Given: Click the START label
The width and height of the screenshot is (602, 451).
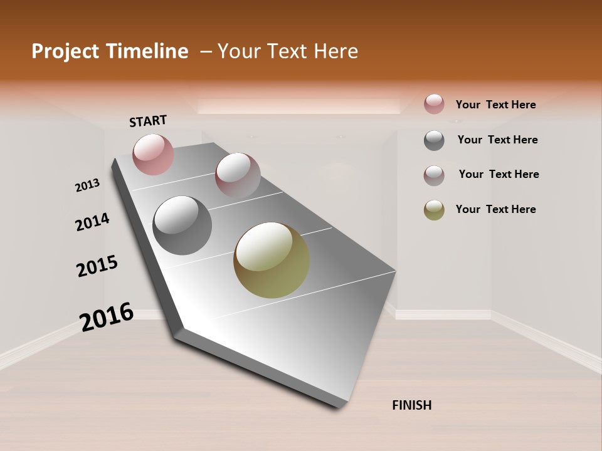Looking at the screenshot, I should [x=148, y=121].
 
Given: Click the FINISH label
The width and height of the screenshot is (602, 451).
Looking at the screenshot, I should [x=411, y=405].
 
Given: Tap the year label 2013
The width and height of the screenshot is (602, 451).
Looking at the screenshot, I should [x=88, y=185].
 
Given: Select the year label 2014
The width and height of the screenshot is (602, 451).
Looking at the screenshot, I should [x=92, y=222].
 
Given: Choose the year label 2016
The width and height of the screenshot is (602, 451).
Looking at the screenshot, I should [x=107, y=316].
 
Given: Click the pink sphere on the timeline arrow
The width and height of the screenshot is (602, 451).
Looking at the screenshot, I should [x=153, y=154].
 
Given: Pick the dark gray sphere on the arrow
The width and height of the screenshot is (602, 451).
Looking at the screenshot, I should [x=182, y=225].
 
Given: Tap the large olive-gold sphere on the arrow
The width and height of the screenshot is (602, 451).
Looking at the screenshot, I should [x=272, y=260].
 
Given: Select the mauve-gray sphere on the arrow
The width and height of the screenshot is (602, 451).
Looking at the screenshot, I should [x=237, y=175].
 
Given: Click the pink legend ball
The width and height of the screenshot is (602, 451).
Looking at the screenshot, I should [x=434, y=104].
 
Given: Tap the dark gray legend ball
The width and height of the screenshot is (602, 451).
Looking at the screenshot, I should [x=434, y=140].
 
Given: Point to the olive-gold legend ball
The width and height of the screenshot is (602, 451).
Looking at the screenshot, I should [x=434, y=210].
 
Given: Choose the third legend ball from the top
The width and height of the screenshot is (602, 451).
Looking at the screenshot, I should [x=434, y=175].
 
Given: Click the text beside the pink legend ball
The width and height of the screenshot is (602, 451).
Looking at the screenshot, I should [x=495, y=105].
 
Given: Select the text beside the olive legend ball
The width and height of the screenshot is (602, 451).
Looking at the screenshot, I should [x=495, y=209].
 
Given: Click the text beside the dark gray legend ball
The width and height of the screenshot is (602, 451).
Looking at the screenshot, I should [x=497, y=140].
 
